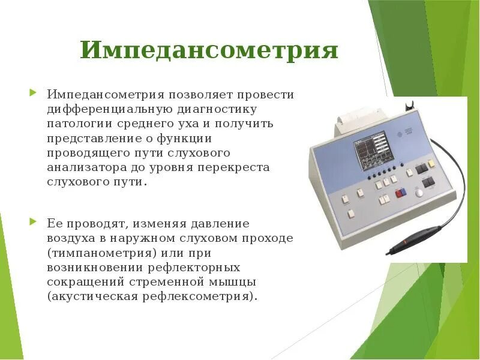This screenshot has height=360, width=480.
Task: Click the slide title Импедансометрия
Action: (x=209, y=50)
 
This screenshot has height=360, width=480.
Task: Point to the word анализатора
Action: (x=84, y=167)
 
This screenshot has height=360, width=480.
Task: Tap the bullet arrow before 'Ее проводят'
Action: (x=33, y=223)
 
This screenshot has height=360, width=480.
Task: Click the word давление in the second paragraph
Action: (x=220, y=223)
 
